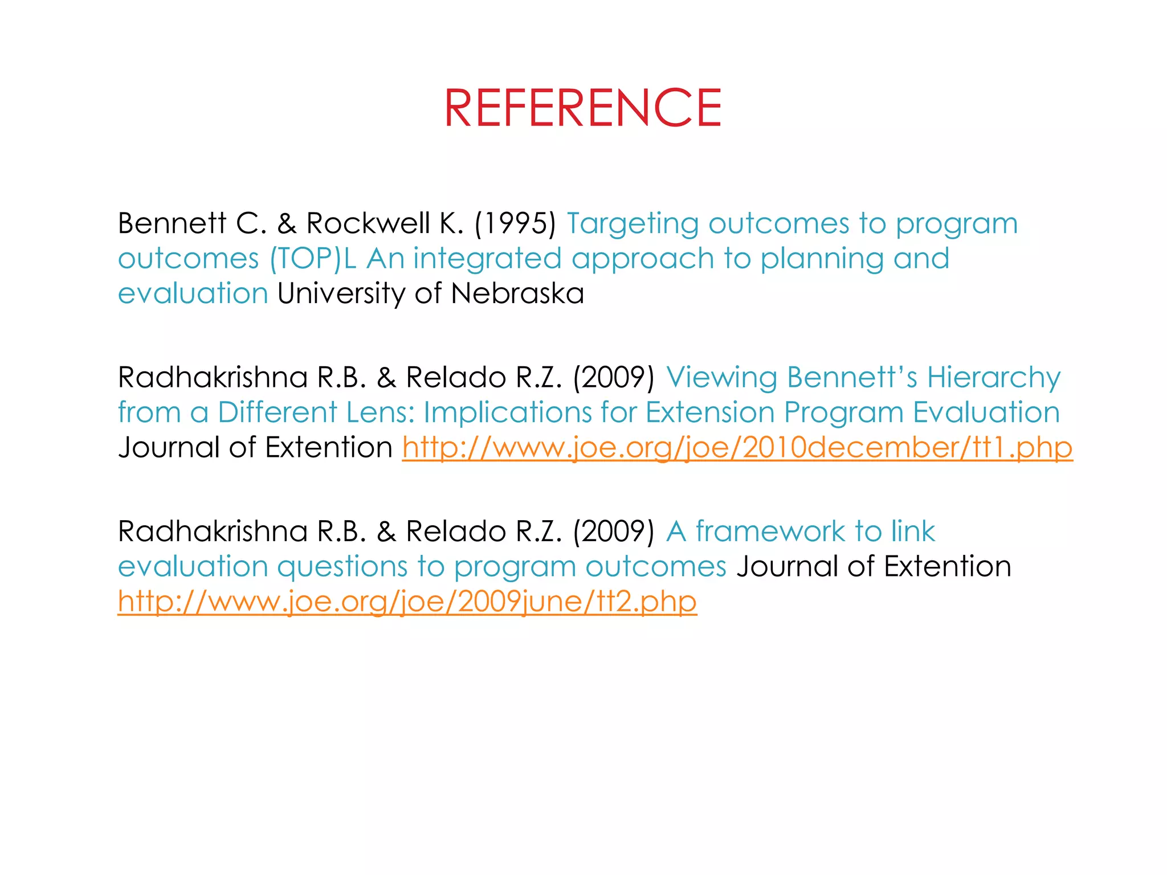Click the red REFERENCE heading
tap(582, 108)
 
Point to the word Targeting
tap(632, 224)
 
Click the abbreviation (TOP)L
tap(313, 259)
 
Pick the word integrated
tap(487, 259)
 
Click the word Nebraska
tap(517, 293)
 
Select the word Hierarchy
tap(994, 378)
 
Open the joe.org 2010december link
tap(737, 448)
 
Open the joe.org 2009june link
tap(407, 602)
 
